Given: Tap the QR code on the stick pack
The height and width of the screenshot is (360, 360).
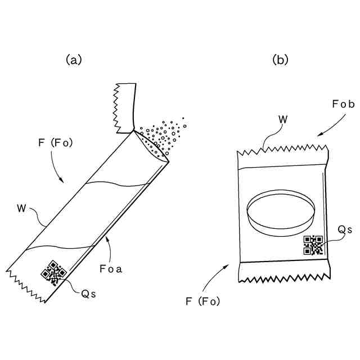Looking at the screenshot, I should [53, 272].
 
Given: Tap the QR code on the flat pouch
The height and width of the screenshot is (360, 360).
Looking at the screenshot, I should [313, 245].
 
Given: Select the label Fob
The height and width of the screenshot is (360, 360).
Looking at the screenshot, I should [343, 104].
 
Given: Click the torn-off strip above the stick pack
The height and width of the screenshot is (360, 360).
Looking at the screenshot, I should [125, 101].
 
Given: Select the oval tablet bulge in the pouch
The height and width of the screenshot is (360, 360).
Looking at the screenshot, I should [281, 213].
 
